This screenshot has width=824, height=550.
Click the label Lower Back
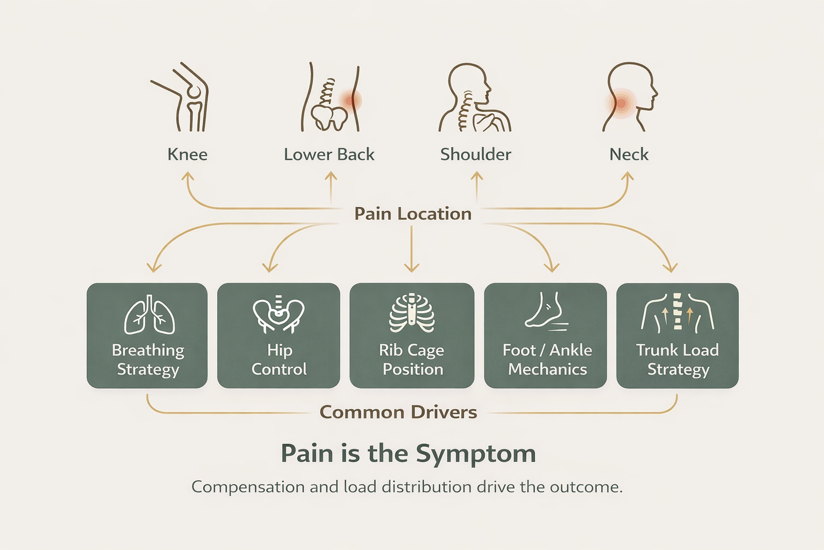pos(329,155)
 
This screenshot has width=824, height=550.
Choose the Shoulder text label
pos(475,155)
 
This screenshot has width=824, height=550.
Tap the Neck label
pos(629,155)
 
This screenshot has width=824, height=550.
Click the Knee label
pos(187,155)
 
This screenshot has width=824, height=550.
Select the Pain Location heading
pos(413,214)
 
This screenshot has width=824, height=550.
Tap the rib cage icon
pos(411,314)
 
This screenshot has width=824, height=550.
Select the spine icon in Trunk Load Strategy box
pos(677,312)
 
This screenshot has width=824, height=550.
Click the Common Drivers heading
pos(398,412)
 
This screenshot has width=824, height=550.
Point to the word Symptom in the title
pos(475,454)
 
